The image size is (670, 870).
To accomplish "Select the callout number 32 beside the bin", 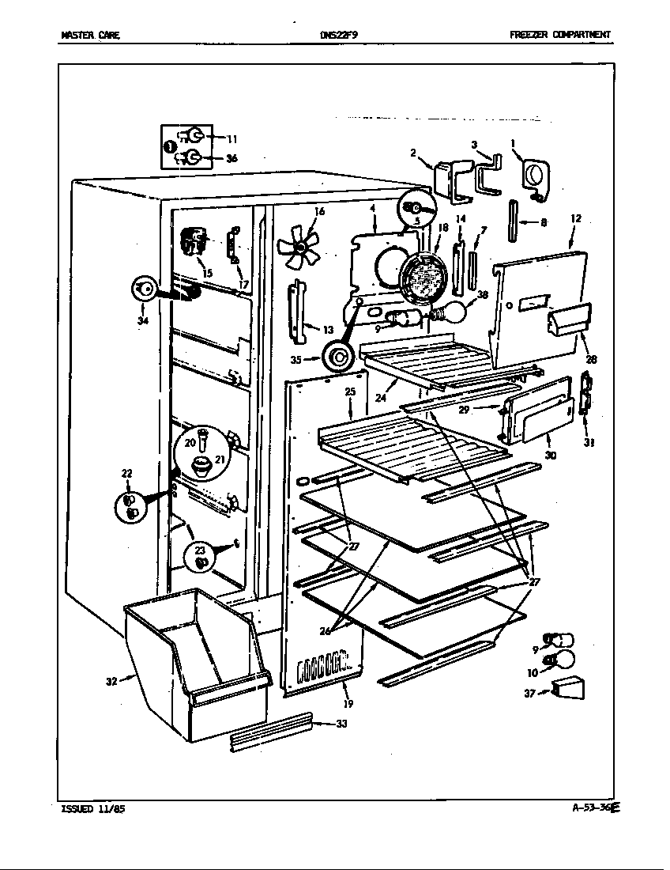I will click(111, 680).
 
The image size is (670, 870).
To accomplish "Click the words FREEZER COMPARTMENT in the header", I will click(559, 35).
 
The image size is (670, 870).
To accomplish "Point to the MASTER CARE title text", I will click(90, 35).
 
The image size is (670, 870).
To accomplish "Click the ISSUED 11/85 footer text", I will click(92, 808).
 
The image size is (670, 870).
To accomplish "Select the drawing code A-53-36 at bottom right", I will click(594, 808).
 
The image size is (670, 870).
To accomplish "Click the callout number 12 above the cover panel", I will click(575, 218).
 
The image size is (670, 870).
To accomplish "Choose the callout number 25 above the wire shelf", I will click(350, 391).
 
